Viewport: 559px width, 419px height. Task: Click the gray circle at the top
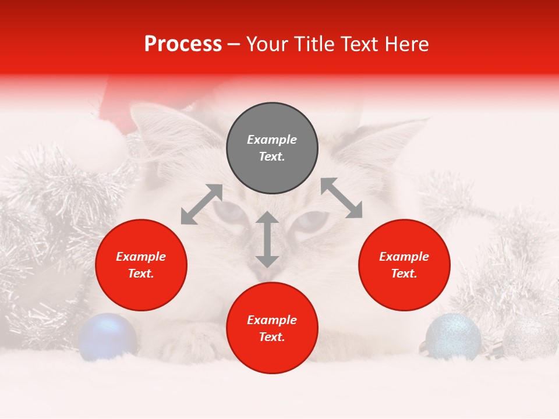tap(272, 148)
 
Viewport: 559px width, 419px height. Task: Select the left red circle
tap(141, 265)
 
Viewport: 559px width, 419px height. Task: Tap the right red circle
tap(404, 265)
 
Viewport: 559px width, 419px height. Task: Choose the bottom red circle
tap(272, 328)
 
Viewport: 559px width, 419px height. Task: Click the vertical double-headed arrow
tap(267, 239)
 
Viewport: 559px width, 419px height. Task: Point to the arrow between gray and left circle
tap(201, 204)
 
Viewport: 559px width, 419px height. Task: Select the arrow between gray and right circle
tap(341, 198)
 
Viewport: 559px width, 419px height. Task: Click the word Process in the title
tap(183, 44)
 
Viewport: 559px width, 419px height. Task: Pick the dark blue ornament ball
tap(108, 336)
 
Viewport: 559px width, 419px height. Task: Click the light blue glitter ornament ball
tap(453, 336)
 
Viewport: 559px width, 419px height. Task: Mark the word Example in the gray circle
tap(272, 140)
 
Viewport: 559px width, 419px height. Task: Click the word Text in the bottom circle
tap(272, 337)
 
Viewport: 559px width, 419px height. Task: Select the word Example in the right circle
tap(404, 257)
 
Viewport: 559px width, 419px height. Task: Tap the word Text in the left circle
tap(141, 274)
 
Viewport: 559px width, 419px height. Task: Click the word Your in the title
tap(270, 44)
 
